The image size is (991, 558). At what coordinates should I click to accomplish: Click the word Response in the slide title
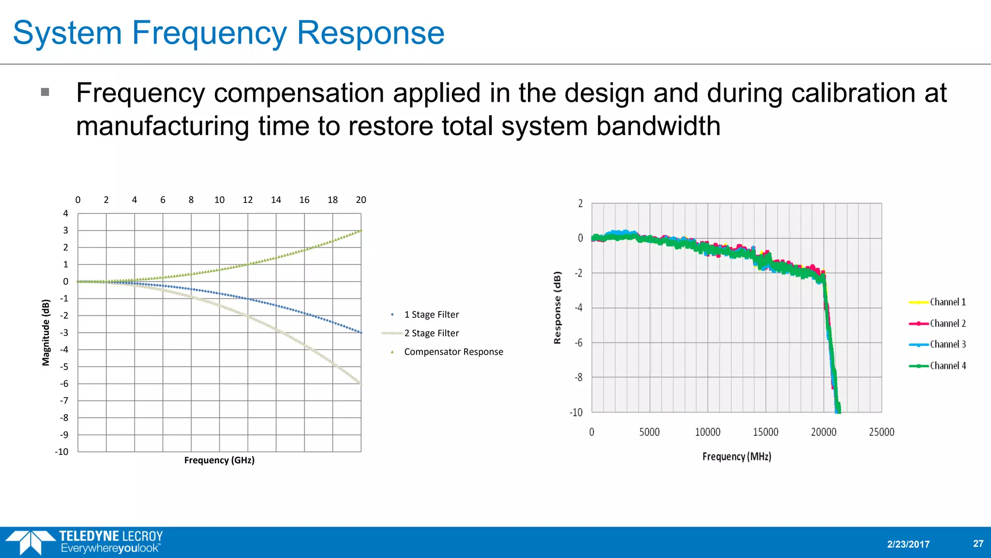point(370,33)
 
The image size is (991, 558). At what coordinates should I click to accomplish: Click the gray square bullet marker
point(45,92)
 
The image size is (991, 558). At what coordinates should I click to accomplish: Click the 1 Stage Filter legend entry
point(431,315)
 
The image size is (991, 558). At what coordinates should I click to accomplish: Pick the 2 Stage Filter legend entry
point(431,333)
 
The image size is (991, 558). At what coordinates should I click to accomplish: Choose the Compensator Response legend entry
point(453,352)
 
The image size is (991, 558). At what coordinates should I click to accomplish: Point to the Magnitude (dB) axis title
point(46,332)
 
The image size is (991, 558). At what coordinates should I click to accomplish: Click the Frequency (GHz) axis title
point(219,460)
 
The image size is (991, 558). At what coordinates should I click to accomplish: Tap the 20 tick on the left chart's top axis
point(361,200)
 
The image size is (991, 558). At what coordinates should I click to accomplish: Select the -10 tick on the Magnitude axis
point(61,452)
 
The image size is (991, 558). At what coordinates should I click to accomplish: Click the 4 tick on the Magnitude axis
point(66,214)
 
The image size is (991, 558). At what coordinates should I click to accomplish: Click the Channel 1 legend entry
point(947,302)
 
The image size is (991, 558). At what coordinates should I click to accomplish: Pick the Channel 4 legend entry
point(947,366)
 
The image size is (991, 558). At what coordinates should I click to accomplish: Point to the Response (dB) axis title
point(557,308)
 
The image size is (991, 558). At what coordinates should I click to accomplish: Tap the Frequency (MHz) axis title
point(736,457)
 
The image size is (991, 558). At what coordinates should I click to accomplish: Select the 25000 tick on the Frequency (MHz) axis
point(881,432)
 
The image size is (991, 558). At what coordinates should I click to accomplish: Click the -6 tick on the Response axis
point(578,343)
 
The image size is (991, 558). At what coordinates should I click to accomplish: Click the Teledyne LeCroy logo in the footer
point(85,542)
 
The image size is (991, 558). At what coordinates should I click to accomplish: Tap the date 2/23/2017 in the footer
point(908,544)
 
